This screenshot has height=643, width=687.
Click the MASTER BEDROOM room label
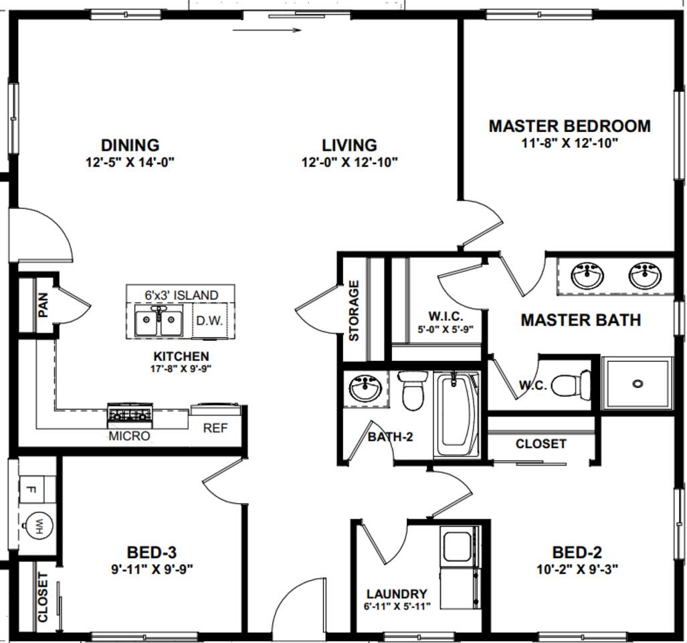[x=569, y=127]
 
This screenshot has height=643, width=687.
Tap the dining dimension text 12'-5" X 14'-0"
[x=130, y=163]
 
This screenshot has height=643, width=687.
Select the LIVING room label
[x=349, y=145]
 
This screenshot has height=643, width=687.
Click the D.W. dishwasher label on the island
[x=209, y=321]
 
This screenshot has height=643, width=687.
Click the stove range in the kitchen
[x=130, y=415]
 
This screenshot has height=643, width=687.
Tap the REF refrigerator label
[x=215, y=428]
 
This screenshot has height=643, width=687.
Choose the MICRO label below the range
[x=129, y=436]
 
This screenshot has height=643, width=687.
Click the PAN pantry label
[x=43, y=305]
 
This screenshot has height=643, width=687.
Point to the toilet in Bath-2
[x=413, y=390]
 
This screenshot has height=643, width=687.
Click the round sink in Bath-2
[x=366, y=388]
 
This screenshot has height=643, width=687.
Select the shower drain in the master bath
[x=637, y=384]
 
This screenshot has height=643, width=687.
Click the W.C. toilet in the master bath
[x=570, y=384]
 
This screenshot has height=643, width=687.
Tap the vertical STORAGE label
[x=354, y=311]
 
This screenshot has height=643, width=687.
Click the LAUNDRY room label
[x=397, y=594]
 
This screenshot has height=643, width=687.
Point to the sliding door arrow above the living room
[x=268, y=30]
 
